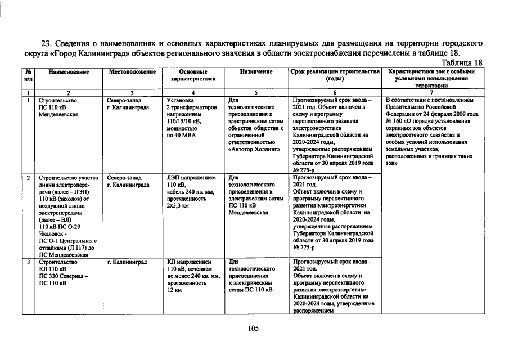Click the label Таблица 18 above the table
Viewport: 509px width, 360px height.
(x=462, y=62)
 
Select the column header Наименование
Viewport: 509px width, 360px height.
(x=69, y=73)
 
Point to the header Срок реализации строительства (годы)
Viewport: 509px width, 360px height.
(x=335, y=76)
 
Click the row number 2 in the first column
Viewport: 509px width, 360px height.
(x=28, y=178)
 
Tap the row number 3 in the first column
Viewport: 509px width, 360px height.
(x=28, y=262)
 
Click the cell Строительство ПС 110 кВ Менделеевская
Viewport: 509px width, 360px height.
(x=58, y=107)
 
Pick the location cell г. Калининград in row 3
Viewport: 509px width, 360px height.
(x=127, y=262)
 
